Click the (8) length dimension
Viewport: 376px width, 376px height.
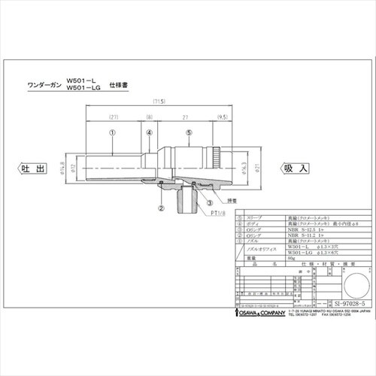[x=150, y=117]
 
